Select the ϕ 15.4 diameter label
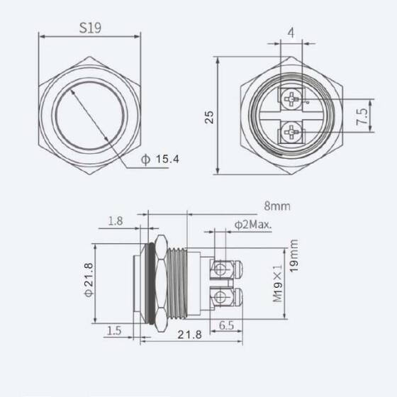coord(160,160)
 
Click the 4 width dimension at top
coord(291,33)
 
